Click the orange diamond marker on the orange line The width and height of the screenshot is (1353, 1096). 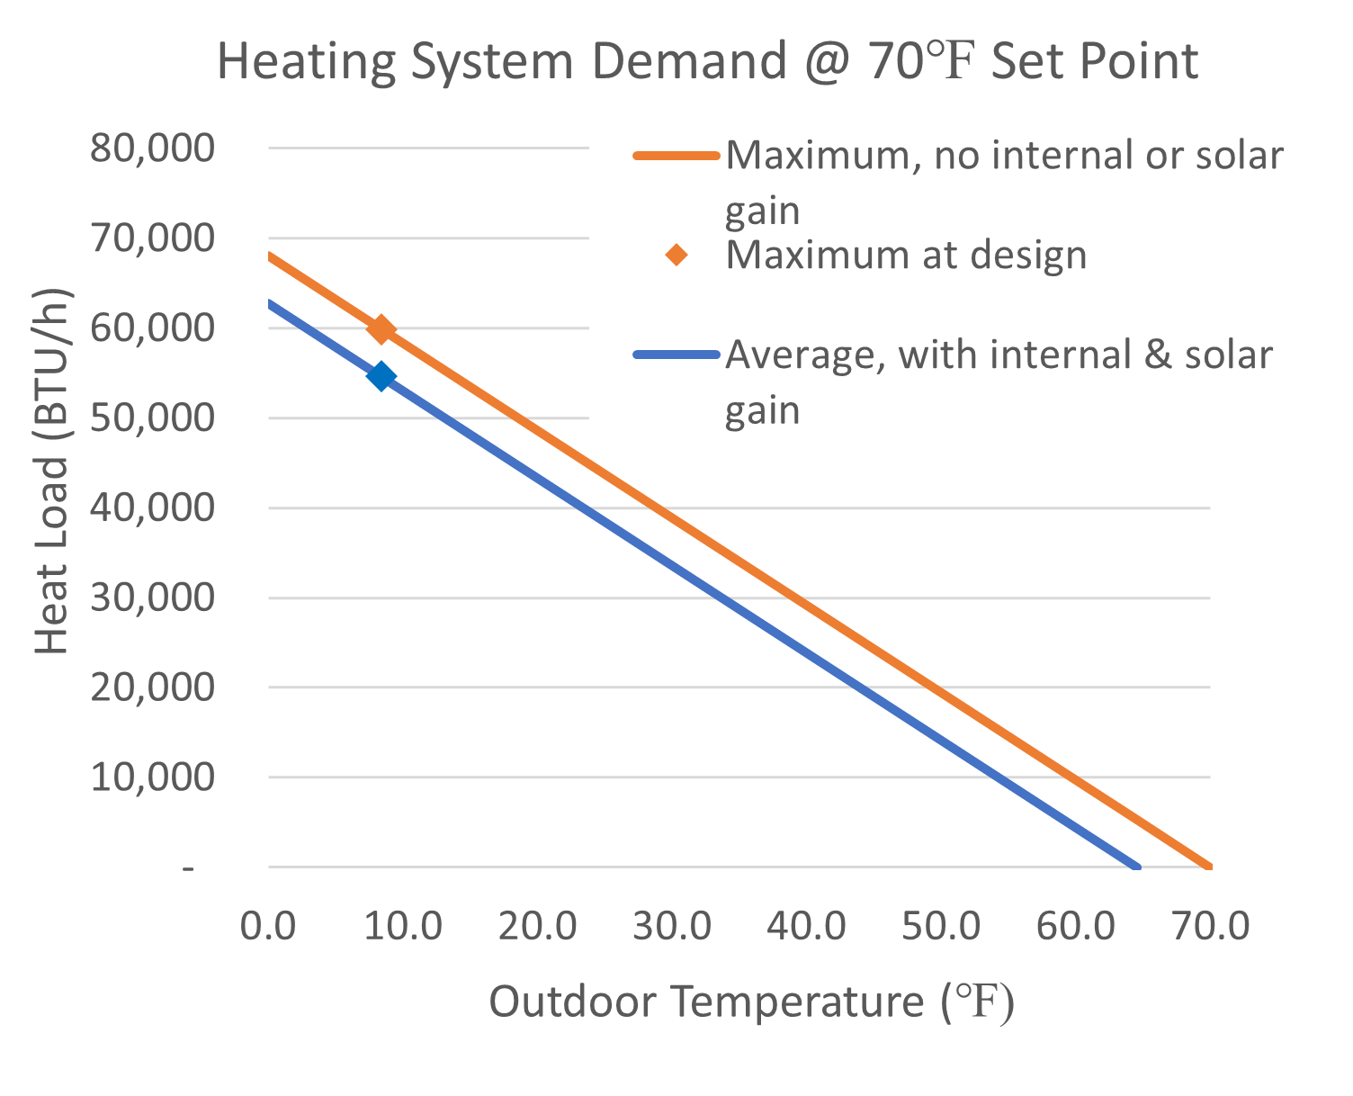(x=381, y=329)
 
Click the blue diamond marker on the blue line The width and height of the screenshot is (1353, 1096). (x=381, y=376)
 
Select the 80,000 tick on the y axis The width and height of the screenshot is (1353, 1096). (x=152, y=148)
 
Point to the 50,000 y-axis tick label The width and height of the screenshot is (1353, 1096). (x=152, y=418)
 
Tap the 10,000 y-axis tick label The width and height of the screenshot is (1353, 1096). (x=152, y=777)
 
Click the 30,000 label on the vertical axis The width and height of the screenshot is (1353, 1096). (x=152, y=597)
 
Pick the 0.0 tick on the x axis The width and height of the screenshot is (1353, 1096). (x=268, y=925)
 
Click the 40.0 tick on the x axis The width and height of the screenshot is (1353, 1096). (x=807, y=925)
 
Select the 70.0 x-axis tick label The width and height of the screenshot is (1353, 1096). (x=1211, y=925)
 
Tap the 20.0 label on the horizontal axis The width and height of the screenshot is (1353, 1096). (x=538, y=925)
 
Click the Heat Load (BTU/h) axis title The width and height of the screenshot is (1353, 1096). (x=52, y=472)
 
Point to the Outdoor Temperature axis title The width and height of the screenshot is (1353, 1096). (x=751, y=1002)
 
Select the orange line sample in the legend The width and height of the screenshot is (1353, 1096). (x=676, y=156)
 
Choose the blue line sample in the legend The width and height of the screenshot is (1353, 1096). (x=676, y=355)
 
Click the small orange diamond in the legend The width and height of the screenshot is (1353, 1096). (x=676, y=256)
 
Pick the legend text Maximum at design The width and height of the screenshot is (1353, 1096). (x=906, y=256)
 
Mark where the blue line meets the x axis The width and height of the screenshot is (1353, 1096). (x=1137, y=867)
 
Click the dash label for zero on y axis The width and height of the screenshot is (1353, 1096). (x=188, y=868)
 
